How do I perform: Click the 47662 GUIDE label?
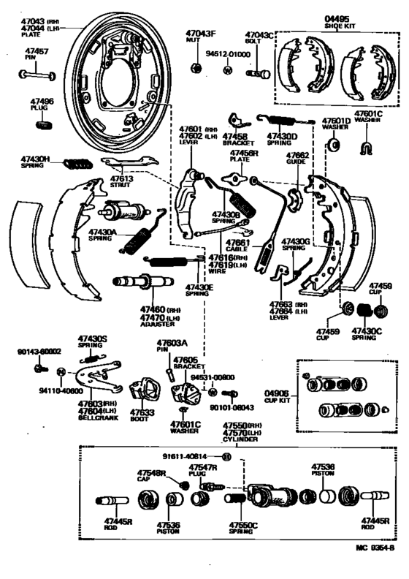(x=298, y=159)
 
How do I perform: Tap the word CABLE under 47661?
(x=238, y=249)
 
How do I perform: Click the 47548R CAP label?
(x=151, y=477)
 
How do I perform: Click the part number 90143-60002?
(x=39, y=352)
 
